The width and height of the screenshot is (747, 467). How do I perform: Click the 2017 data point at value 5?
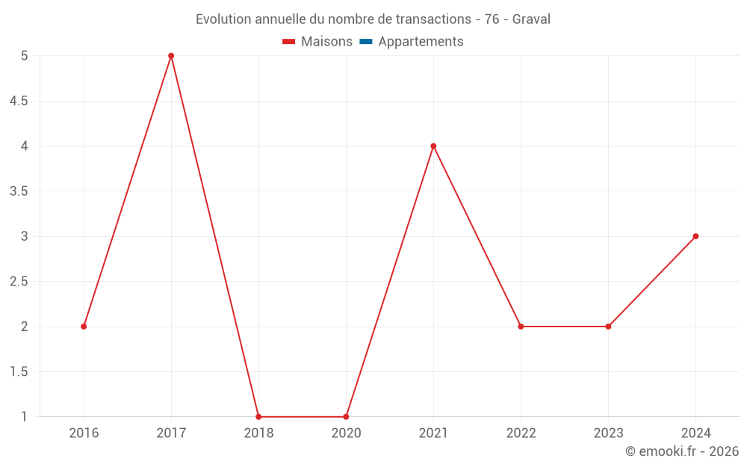pos(171,56)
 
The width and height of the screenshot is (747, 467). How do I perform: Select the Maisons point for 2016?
pos(84,327)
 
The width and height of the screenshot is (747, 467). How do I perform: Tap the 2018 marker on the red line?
pos(258,417)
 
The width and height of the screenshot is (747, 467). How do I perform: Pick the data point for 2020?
pos(346,417)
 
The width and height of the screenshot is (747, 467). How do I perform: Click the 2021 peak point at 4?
pos(433,146)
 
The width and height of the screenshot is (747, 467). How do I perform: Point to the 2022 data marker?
pos(521,327)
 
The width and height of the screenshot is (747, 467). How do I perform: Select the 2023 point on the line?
pos(608,327)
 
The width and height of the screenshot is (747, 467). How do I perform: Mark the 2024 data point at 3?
pos(695,236)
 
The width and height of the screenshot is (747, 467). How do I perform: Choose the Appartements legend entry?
pos(421,42)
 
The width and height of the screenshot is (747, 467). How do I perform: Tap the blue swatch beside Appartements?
pos(366,42)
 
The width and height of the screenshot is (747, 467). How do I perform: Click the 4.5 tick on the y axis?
pos(19,101)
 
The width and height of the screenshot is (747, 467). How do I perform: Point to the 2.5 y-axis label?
pos(19,282)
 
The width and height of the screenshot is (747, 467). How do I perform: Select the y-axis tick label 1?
pos(24,417)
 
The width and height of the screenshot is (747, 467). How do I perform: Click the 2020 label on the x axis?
pos(346,433)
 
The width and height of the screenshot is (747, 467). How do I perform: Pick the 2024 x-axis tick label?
pos(695,433)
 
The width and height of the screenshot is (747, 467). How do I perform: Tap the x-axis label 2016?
pos(84,433)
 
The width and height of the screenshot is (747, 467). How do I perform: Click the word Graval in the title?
pos(531,19)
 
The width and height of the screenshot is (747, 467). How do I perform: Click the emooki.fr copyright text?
pos(682,451)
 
